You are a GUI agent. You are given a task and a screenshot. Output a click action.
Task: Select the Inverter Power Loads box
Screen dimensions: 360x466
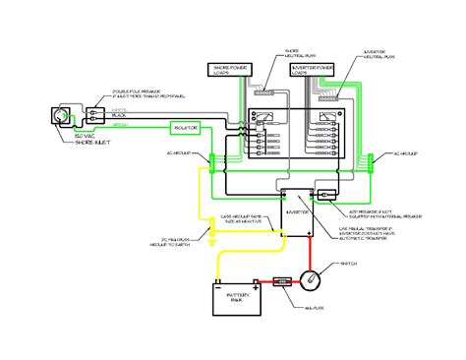point(320,69)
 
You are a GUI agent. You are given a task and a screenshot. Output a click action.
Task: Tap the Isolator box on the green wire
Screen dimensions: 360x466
point(186,129)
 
